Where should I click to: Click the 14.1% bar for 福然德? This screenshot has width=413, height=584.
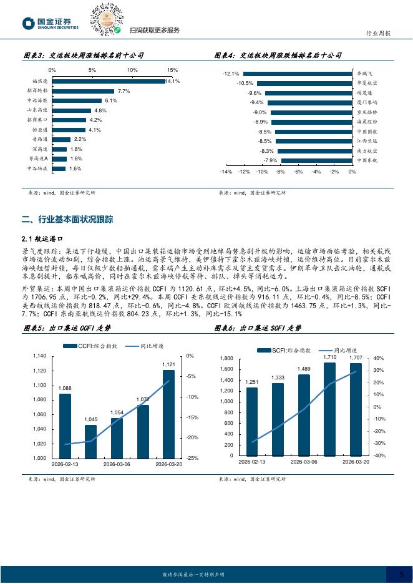[108, 81]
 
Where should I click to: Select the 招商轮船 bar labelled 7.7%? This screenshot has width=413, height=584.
[83, 91]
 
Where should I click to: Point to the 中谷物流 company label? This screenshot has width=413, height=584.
[37, 168]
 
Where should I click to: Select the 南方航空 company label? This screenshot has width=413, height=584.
[367, 151]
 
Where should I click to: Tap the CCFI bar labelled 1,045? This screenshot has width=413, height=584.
[91, 441]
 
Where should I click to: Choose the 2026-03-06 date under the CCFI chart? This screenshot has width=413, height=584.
[117, 464]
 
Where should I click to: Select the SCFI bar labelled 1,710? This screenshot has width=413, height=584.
[329, 409]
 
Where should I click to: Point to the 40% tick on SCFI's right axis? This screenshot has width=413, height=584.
[378, 359]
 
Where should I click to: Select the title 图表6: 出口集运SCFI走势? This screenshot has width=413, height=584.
[257, 328]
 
